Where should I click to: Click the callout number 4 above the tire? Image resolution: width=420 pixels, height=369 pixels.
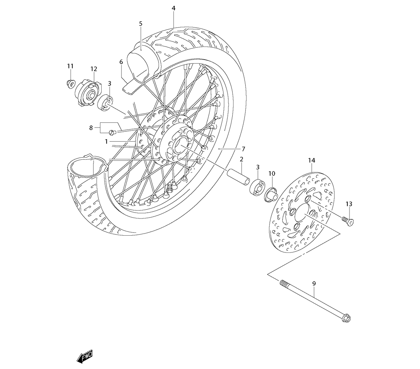point(173,8)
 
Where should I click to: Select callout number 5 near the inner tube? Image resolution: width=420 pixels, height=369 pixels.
point(141,24)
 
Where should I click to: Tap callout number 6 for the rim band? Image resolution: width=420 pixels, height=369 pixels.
point(121,62)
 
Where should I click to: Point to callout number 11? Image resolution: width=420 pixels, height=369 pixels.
point(70,66)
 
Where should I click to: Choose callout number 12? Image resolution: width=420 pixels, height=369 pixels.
point(93,69)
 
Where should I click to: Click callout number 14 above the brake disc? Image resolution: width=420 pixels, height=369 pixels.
point(311,161)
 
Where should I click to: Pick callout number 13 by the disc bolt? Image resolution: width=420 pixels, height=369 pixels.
point(349,204)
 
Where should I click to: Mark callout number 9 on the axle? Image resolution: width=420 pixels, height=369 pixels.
point(313,283)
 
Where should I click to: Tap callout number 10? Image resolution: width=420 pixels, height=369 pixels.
point(271,174)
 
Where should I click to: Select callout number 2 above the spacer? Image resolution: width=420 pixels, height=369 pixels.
point(242,159)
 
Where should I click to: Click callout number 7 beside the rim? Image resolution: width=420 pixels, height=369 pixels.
point(243,149)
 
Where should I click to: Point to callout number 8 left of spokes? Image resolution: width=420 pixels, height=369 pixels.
point(91,128)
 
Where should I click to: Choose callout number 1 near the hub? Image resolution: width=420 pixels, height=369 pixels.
point(107,142)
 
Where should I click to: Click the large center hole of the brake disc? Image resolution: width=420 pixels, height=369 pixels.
point(302,218)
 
